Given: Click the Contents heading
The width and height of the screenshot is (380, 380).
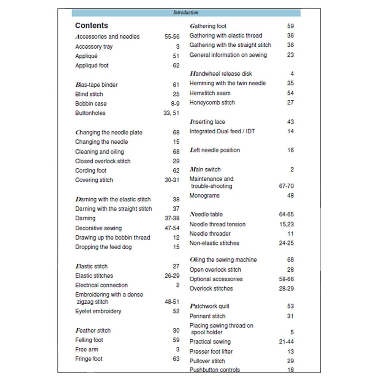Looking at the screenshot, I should coord(92,25).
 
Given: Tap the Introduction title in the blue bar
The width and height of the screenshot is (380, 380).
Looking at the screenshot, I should coord(186,13).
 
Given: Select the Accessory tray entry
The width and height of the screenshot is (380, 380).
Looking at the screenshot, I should coord(94,47).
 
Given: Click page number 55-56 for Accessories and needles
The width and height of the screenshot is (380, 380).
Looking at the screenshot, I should coord(172,37).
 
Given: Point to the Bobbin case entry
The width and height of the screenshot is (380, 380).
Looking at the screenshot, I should coord(91,103).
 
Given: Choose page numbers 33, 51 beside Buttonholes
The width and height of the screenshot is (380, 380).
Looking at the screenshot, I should coord(171,113).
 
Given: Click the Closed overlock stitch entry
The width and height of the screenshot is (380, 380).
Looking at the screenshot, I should coord(103,161).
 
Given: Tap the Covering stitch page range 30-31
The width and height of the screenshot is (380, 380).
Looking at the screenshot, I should coord(172,180).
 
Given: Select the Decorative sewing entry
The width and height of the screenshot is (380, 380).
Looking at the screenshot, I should coord(98,228).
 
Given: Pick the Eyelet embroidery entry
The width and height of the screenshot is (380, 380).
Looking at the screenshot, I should coord(98,311).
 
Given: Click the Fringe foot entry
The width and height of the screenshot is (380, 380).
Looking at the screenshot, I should coord(89,359).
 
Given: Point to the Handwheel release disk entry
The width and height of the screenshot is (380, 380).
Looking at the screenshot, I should coord(221,74).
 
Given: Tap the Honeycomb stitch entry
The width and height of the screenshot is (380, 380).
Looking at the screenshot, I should coord(212,103).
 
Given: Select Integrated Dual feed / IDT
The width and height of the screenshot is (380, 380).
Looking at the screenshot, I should coord(222,131).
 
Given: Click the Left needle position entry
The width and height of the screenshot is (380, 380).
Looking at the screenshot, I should coord(215,150).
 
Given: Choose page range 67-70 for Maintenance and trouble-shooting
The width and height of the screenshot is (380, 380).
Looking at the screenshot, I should coord(286,186).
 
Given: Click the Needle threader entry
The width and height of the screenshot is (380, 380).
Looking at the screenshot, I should coord(210,234).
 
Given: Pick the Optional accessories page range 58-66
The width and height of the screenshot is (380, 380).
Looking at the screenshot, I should coord(286,279).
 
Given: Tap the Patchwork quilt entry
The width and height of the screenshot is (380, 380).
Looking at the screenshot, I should coord(209,306).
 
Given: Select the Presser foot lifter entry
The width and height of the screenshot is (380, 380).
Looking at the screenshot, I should coord(211,351).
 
